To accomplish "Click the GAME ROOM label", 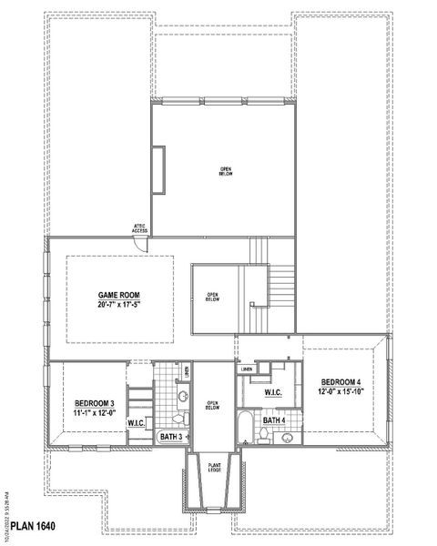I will (x=120, y=296).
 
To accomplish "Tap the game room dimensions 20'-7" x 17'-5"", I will (x=120, y=306).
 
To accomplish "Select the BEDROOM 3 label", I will (x=95, y=403).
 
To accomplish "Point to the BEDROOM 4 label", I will (x=341, y=381).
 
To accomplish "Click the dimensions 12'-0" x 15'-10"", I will (x=341, y=391).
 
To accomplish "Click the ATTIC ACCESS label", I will (x=139, y=229).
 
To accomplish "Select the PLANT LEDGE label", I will (x=215, y=467).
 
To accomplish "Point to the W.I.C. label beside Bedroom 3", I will (x=137, y=424).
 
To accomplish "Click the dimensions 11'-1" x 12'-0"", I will (x=95, y=413).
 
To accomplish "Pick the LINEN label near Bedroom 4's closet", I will (x=247, y=369).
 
